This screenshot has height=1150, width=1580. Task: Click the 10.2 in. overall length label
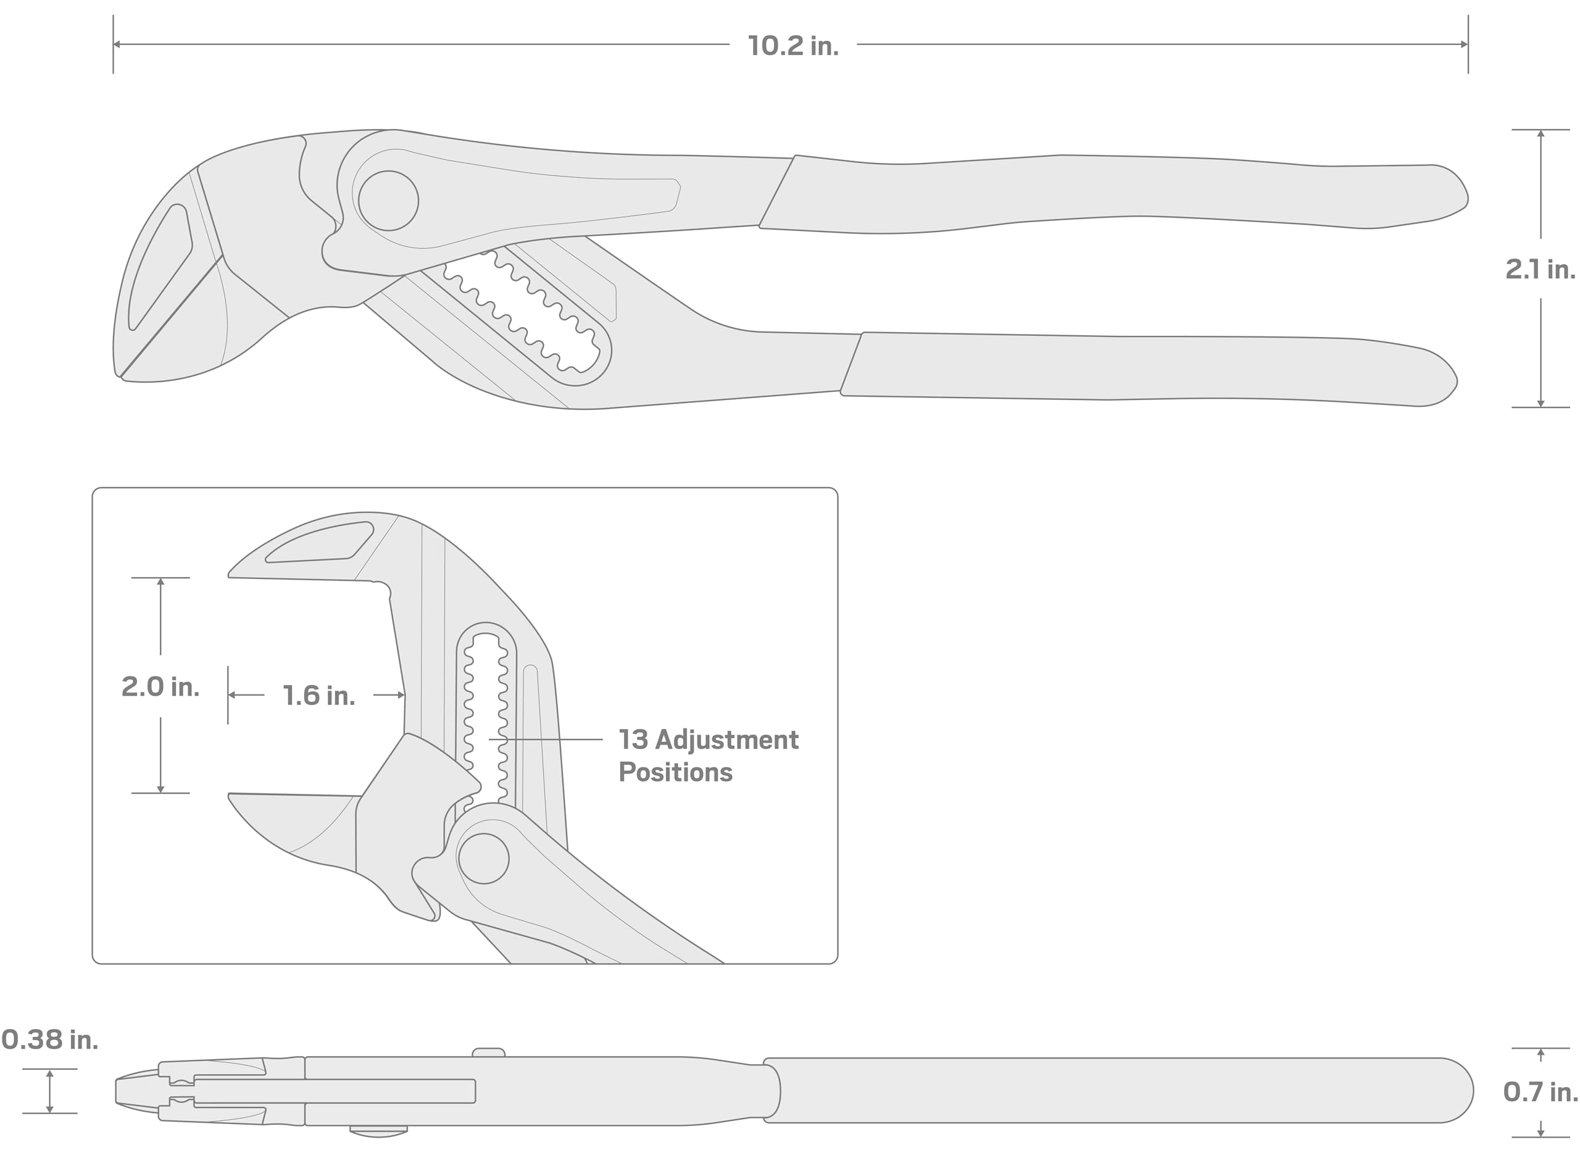793,46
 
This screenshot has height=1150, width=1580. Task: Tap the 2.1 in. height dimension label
1540,269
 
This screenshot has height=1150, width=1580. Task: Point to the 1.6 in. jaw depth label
318,695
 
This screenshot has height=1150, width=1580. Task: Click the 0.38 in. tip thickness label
49,1040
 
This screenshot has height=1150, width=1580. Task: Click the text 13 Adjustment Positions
707,755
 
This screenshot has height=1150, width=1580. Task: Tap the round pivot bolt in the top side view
388,201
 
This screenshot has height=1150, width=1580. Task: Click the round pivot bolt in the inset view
483,859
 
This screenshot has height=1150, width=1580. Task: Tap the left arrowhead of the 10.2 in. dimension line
117,44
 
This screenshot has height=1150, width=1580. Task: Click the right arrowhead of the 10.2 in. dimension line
1465,44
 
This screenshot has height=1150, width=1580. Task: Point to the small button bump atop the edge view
488,1052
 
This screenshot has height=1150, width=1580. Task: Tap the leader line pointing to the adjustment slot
545,739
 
